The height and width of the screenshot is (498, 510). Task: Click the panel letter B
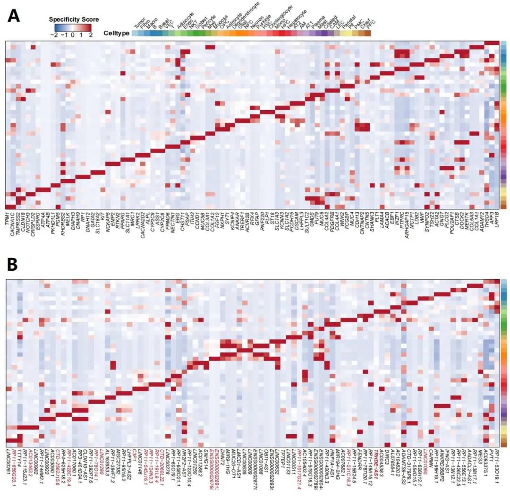tap(13, 265)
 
